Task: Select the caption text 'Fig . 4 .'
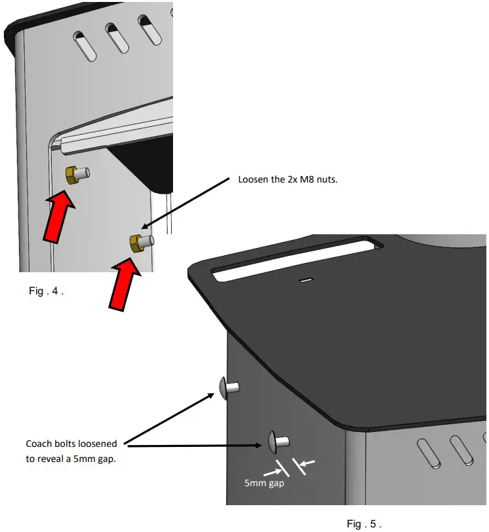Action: click(46, 291)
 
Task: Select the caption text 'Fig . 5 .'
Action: click(364, 523)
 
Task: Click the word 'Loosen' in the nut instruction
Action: click(253, 179)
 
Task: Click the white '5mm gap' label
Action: click(264, 484)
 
